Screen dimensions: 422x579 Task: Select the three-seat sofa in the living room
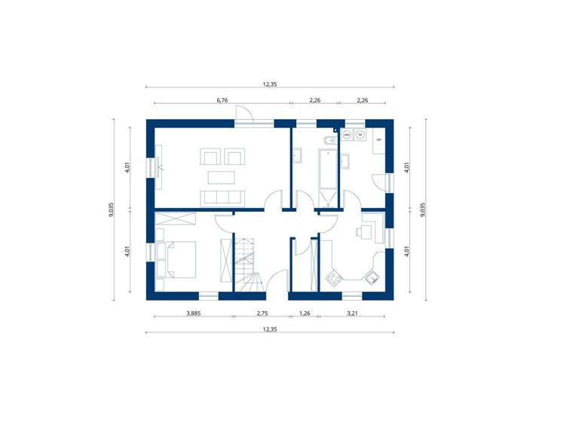[x=222, y=197]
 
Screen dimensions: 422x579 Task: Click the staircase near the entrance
[x=247, y=264]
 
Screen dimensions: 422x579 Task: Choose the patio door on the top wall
[x=244, y=116]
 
